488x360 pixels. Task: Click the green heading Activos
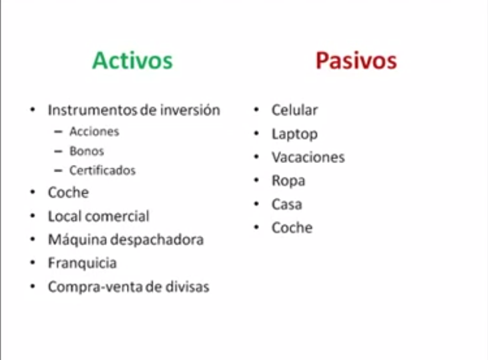pos(132,61)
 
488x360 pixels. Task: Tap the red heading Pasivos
pos(356,61)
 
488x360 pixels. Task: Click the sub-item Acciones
pos(94,132)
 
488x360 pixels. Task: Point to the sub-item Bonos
pos(87,151)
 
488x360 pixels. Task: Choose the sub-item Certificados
pos(102,170)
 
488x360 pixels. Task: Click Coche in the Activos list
pos(68,192)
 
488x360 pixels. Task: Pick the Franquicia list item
pos(82,263)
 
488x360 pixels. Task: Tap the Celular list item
pos(294,110)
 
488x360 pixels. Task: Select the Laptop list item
pos(294,134)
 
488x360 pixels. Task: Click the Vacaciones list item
pos(308,158)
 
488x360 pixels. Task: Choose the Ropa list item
pos(288,181)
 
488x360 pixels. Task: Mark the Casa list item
pos(287,204)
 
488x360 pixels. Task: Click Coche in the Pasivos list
pos(292,228)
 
